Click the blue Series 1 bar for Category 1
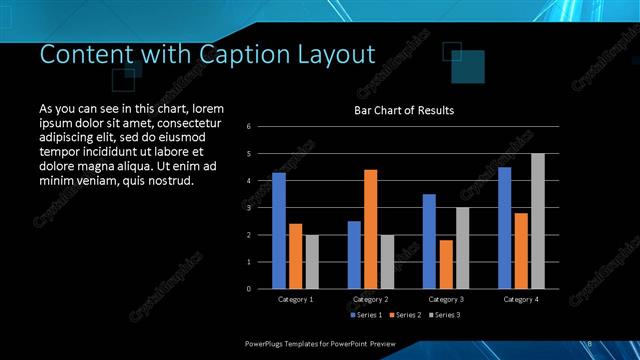coord(279,231)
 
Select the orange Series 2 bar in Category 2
coord(370,229)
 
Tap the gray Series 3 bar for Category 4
coord(537,221)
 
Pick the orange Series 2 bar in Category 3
coord(445,264)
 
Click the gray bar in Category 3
coord(462,248)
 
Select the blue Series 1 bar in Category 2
coord(354,255)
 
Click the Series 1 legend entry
coord(367,315)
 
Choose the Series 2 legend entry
coord(406,315)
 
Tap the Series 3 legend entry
coord(445,315)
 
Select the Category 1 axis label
coord(295,299)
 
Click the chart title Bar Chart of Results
coord(404,110)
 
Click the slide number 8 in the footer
coord(589,343)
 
